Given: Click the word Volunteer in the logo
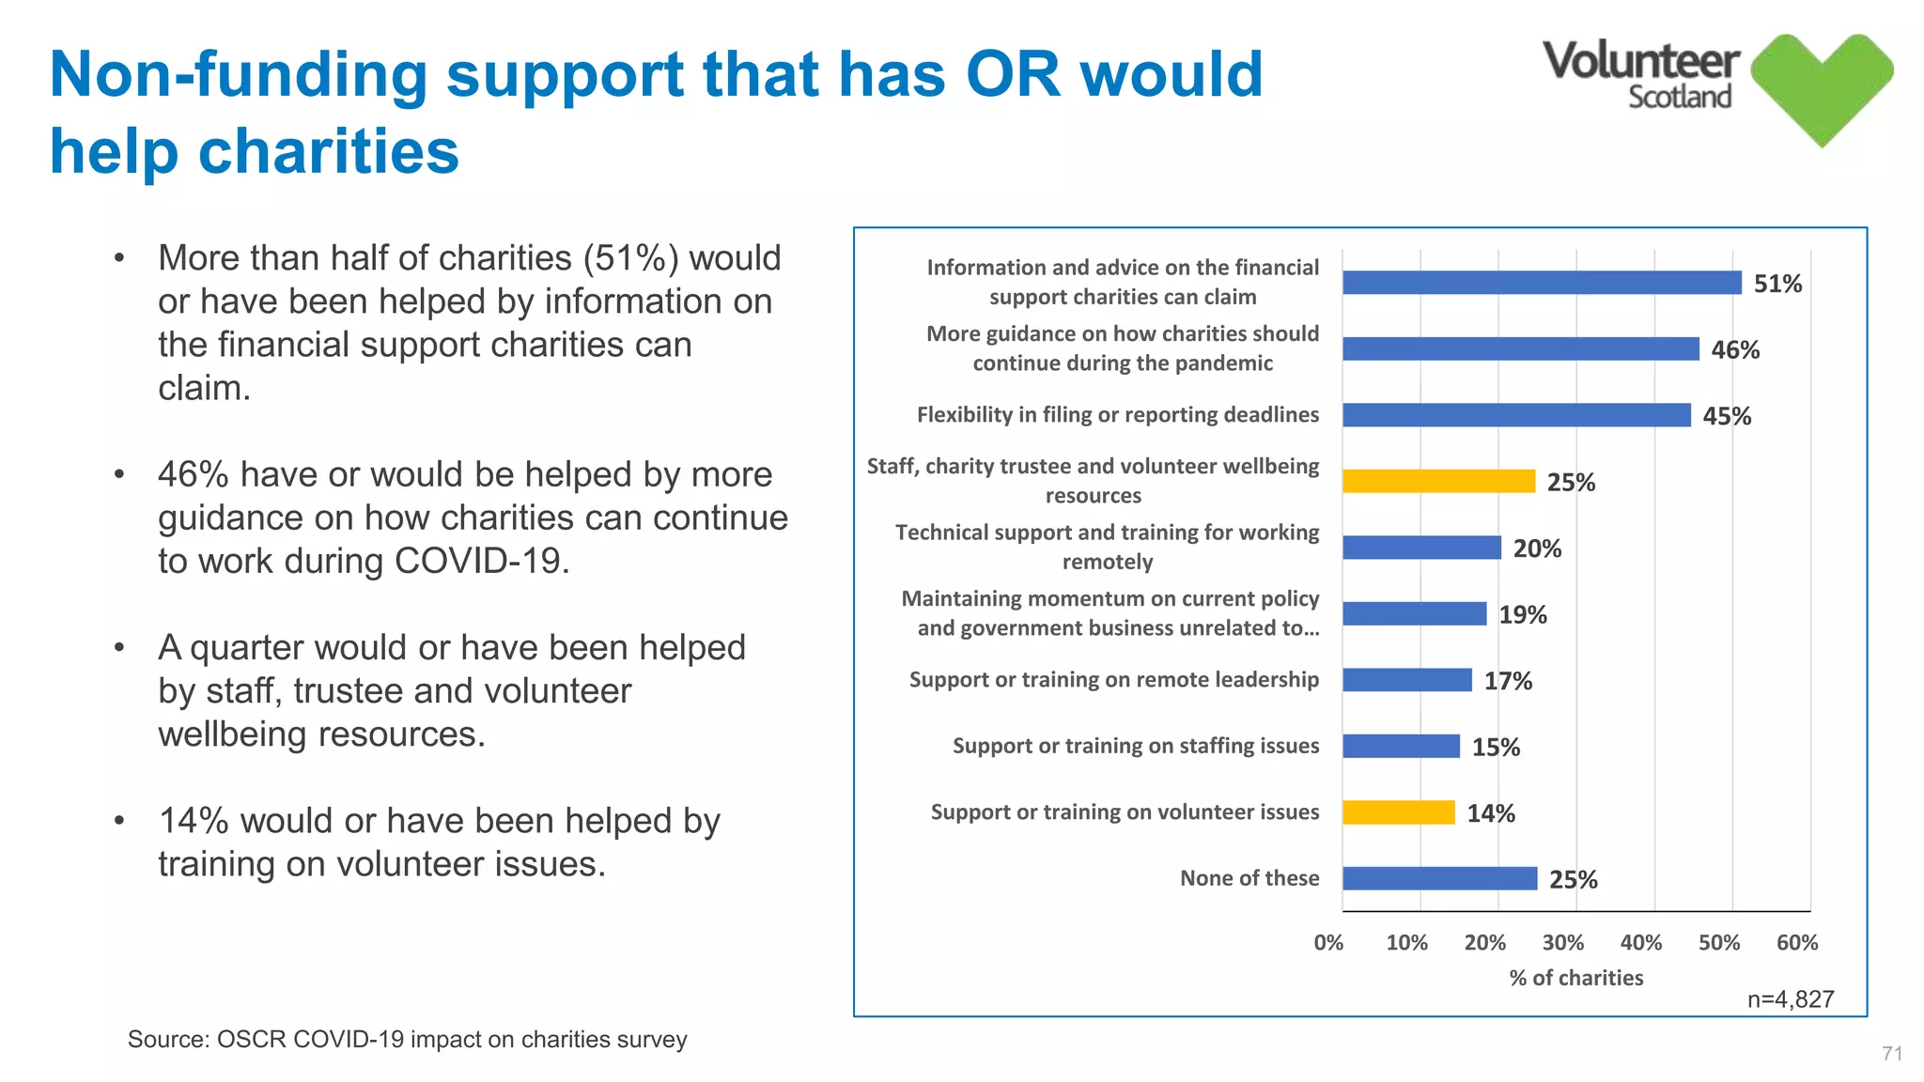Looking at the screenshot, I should pos(1640,61).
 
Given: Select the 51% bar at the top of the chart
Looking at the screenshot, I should pos(1541,283).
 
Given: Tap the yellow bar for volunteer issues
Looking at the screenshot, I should pos(1398,812).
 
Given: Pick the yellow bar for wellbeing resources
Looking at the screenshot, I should pos(1437,481).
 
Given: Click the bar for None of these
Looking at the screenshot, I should pos(1439,878).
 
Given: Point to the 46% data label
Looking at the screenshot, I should pos(1734,350).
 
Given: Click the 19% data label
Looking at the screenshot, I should pos(1522,615).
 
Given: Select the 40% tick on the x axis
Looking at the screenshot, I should pos(1640,942).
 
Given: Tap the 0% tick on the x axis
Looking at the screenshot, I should pos(1328,942).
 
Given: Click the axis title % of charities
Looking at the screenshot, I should pos(1575,978).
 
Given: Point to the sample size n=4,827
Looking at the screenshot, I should pos(1790,999).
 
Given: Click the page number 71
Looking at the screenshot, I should pos(1892,1054).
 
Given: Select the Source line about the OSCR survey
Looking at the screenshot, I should pos(407,1040).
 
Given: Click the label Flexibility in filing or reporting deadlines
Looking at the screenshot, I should pos(1117,415).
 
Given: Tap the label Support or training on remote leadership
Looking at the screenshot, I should pos(1113,680).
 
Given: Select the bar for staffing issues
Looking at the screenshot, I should pos(1400,746).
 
